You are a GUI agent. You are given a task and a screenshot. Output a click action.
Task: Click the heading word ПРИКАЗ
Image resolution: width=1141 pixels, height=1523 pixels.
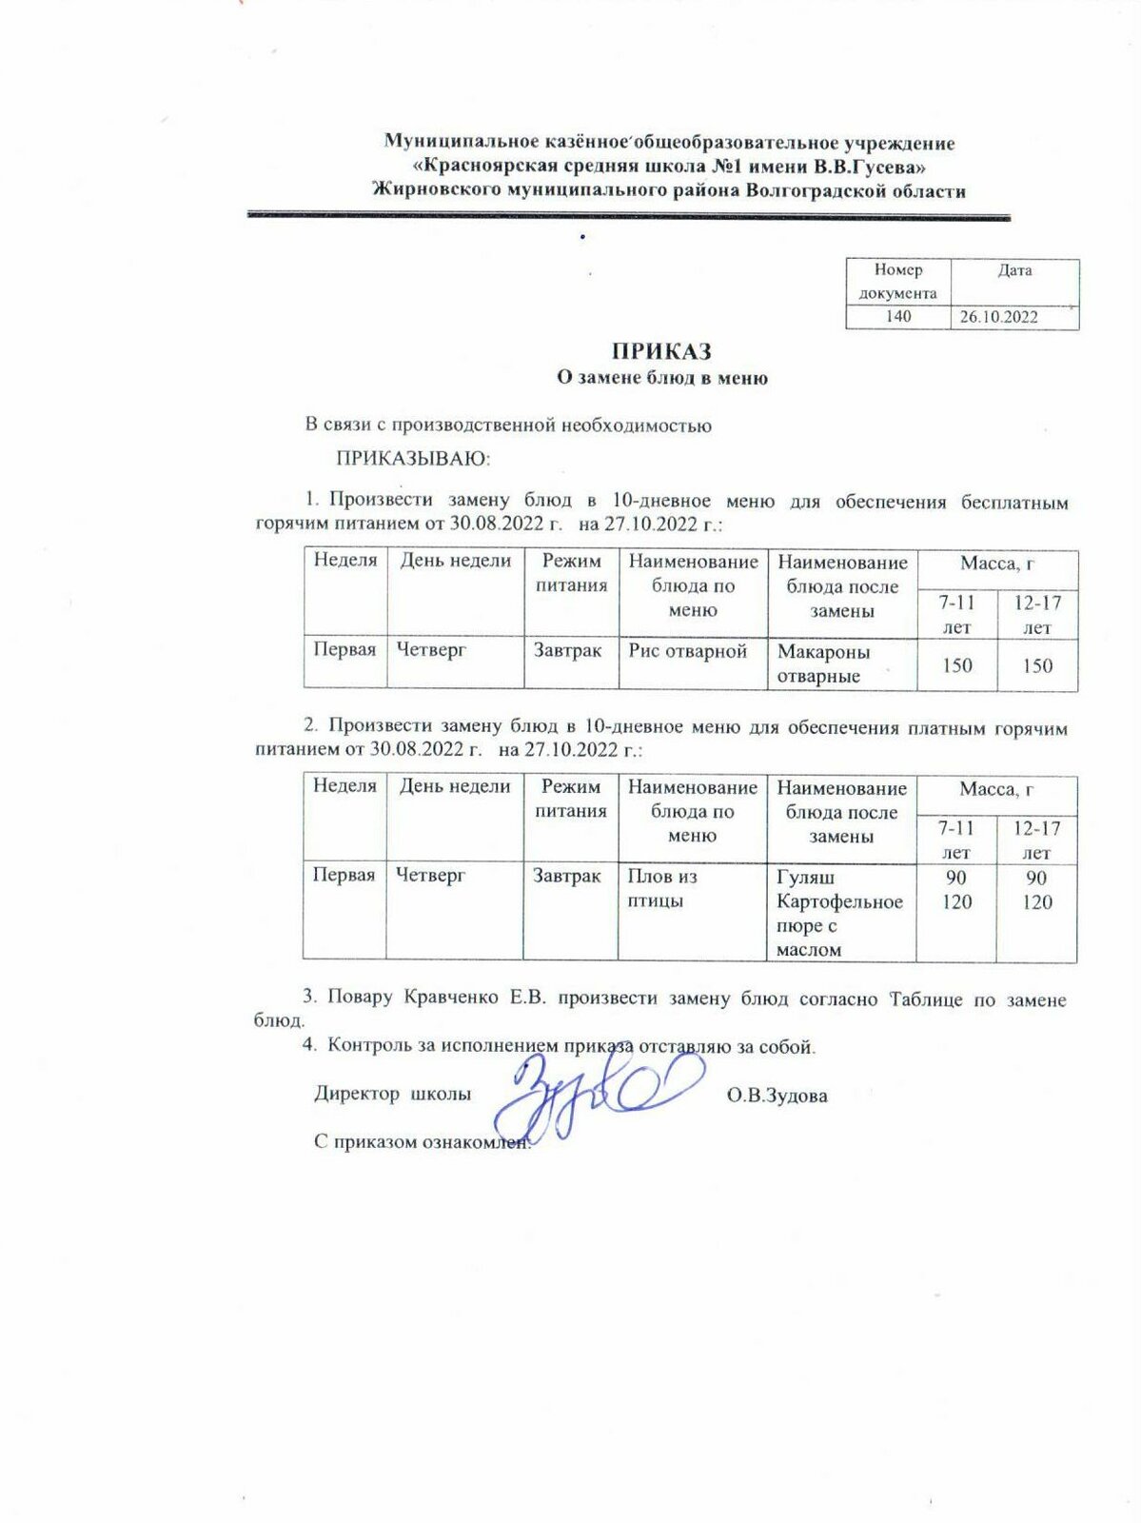(x=661, y=351)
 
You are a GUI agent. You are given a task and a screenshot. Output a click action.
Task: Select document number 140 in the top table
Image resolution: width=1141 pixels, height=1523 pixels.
(x=897, y=316)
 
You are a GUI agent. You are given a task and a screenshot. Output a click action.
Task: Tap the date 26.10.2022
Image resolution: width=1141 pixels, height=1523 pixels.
(x=998, y=317)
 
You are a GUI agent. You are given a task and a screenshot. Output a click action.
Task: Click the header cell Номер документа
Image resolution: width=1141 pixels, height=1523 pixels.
(x=897, y=282)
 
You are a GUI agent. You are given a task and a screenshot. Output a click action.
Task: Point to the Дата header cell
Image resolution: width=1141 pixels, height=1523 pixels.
(x=1014, y=270)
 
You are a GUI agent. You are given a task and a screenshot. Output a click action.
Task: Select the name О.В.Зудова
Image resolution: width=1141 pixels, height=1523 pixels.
(x=777, y=1096)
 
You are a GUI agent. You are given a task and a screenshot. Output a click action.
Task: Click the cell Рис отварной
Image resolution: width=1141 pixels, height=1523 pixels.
(x=687, y=651)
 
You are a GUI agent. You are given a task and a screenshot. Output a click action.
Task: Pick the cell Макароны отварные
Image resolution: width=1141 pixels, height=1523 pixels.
(x=823, y=663)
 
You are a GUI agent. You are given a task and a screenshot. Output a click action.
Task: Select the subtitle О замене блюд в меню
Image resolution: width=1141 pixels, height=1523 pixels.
(x=661, y=378)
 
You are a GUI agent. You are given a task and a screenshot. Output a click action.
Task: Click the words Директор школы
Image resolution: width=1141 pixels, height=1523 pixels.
(x=392, y=1094)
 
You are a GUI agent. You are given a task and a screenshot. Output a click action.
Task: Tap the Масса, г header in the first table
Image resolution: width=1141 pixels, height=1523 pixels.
(x=996, y=564)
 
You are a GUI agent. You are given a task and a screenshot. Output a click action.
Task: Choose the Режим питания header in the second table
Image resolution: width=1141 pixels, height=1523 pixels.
(x=570, y=799)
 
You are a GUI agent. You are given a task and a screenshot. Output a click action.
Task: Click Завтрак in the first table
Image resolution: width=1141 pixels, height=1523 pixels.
(x=567, y=651)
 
